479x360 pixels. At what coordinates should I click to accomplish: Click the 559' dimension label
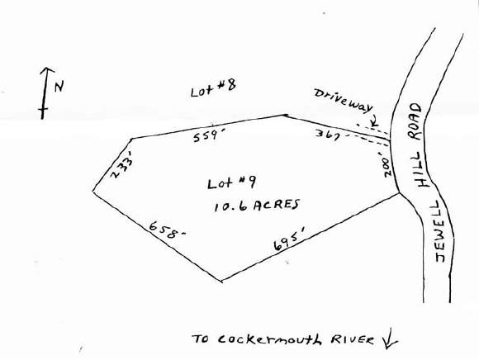coord(206,136)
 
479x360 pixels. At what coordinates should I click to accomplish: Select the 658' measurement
coord(167,230)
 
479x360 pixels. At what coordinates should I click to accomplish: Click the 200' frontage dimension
coord(387,167)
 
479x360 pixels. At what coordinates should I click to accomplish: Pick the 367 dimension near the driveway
coord(327,135)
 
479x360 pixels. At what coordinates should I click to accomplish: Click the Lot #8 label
coord(213,88)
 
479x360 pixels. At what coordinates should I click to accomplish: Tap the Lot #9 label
coord(231,183)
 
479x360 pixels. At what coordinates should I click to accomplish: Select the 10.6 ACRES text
coord(257,206)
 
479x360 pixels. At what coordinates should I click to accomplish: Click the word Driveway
coord(344,101)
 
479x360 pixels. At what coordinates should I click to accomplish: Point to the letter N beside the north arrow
coord(59,86)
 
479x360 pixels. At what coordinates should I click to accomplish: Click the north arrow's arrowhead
coord(47,71)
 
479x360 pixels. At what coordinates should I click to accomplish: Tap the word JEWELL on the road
coord(440,231)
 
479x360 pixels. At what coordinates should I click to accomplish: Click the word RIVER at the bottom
coord(352,339)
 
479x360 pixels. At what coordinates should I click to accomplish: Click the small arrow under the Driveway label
coord(374,121)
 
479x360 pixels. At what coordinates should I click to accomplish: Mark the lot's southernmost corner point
coord(221,280)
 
